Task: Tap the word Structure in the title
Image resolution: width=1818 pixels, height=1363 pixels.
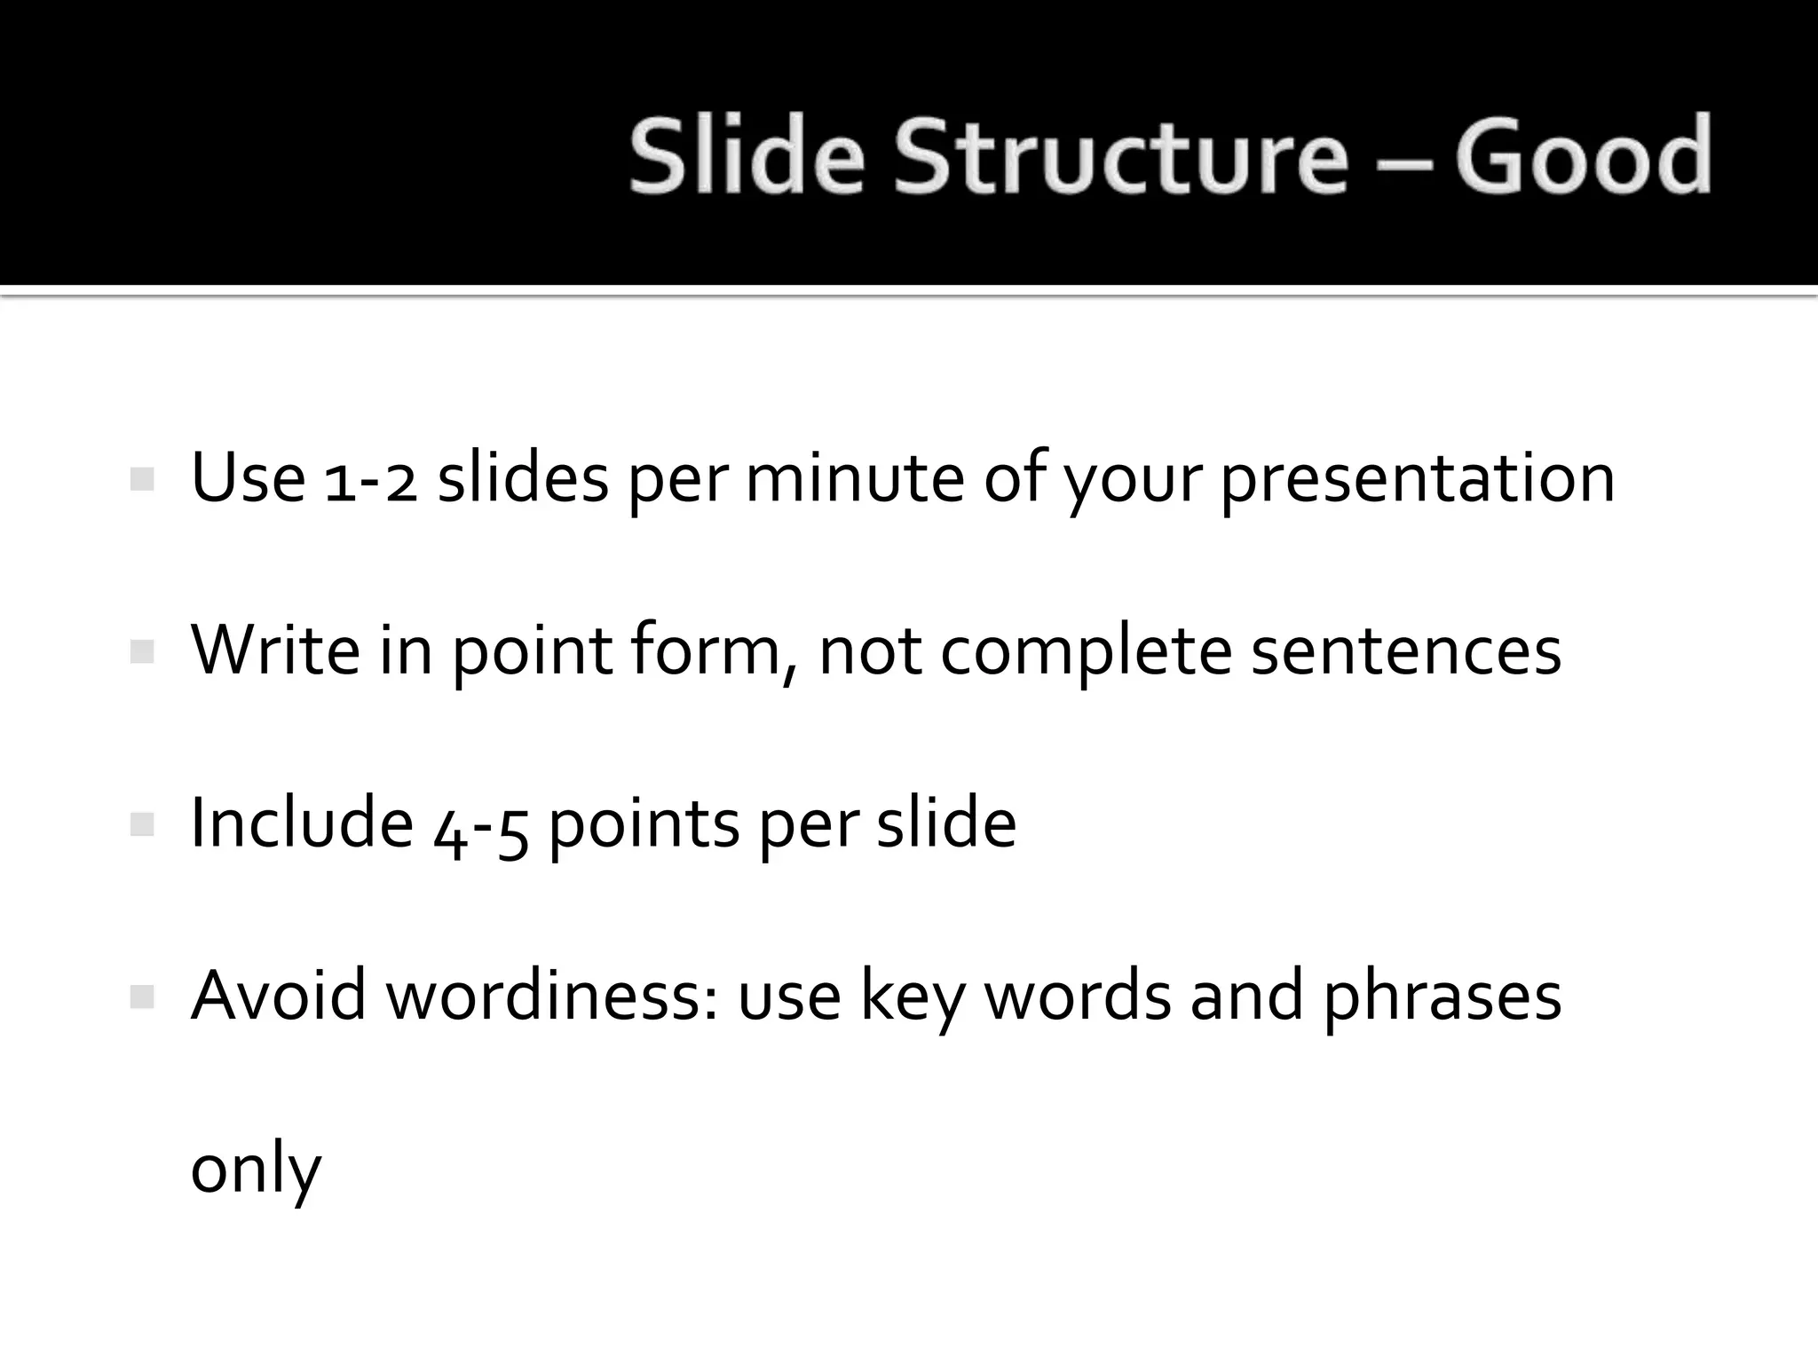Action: (1121, 157)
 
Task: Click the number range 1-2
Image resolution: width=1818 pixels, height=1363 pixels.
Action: (371, 480)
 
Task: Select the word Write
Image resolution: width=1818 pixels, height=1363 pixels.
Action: (275, 650)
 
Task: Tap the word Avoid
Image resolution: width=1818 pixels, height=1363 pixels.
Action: (279, 996)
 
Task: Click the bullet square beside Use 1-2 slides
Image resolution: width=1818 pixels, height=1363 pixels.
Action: (142, 480)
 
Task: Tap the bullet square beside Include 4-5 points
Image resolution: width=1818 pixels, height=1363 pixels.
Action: (142, 825)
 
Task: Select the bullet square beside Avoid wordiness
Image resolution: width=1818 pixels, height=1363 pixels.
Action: (142, 997)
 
